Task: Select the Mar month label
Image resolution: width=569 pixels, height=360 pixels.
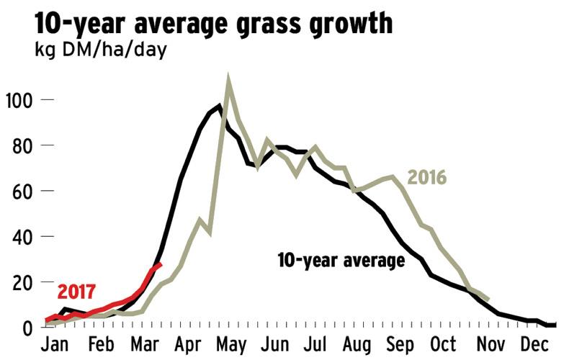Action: pyautogui.click(x=145, y=342)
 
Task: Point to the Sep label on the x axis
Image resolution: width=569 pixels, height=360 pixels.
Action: pyautogui.click(x=403, y=342)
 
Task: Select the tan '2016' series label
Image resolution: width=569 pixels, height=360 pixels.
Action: pyautogui.click(x=427, y=177)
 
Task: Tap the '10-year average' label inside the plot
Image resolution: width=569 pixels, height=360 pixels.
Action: pyautogui.click(x=341, y=260)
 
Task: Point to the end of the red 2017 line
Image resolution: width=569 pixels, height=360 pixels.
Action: pyautogui.click(x=160, y=264)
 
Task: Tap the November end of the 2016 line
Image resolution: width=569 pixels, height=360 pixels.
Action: pyautogui.click(x=489, y=300)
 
